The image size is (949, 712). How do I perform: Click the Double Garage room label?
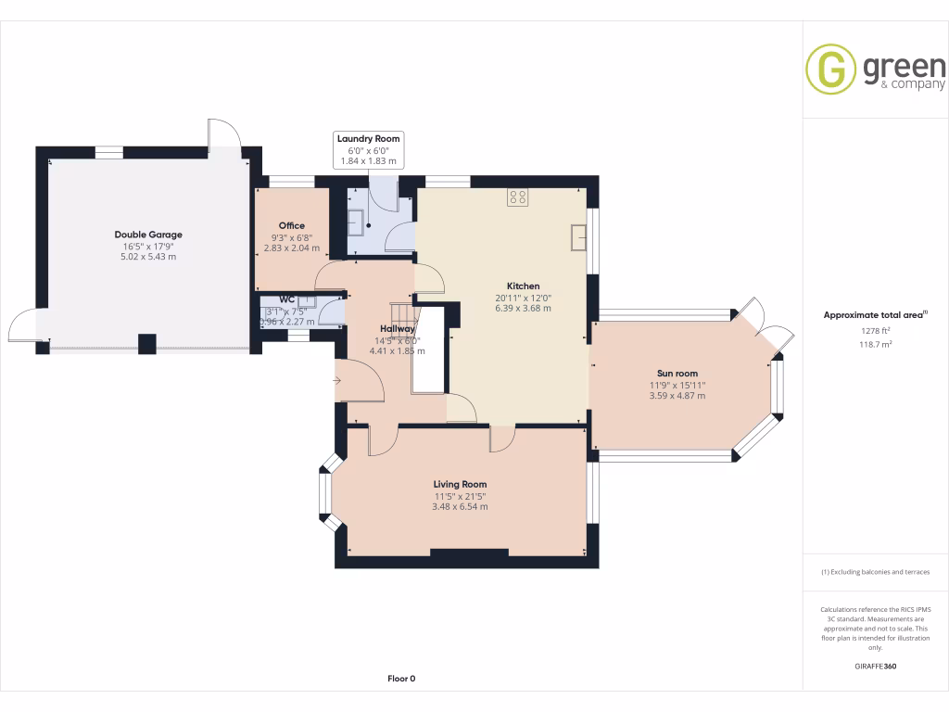point(148,235)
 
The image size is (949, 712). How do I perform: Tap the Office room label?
point(291,225)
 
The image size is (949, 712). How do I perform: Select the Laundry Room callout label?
point(368,139)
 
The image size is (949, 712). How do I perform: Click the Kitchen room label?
point(523,286)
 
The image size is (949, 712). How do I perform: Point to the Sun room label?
point(677,374)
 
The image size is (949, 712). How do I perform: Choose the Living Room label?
point(460,484)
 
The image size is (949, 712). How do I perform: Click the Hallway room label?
point(397,328)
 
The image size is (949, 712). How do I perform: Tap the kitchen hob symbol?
point(517,197)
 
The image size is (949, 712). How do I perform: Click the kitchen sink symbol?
point(579,237)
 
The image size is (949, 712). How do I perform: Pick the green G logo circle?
point(830,70)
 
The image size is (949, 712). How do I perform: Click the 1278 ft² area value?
point(875,330)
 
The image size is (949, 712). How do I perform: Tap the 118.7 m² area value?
point(875,343)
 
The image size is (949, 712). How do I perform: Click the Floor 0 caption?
point(401,679)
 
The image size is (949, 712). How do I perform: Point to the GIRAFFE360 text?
point(875,666)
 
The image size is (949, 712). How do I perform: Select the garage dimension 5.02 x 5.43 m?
point(148,257)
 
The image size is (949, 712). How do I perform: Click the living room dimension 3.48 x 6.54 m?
point(460,507)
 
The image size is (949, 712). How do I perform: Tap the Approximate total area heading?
point(874,315)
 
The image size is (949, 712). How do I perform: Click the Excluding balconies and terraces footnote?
point(875,572)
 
